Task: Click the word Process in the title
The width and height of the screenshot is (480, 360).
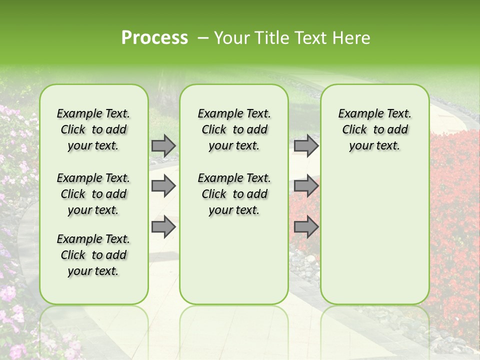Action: (x=154, y=38)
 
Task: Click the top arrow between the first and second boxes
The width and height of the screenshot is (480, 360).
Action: (x=163, y=145)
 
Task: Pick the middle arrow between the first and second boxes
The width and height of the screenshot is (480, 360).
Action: (x=163, y=186)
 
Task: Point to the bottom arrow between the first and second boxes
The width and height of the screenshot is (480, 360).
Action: (x=163, y=226)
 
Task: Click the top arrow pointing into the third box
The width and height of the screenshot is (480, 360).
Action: (x=306, y=145)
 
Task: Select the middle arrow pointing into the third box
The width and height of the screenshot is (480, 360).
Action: (x=306, y=186)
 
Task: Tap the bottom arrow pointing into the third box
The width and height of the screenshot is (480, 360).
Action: (x=306, y=226)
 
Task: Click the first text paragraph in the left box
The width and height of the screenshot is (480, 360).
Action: (x=93, y=129)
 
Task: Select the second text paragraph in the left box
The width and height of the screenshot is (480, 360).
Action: (x=93, y=194)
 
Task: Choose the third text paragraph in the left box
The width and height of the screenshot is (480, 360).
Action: (x=93, y=255)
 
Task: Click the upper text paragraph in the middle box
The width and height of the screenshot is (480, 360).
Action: (x=234, y=129)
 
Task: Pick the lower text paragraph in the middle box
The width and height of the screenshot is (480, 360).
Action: (x=234, y=194)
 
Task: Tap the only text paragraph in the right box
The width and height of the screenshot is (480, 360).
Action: (x=375, y=129)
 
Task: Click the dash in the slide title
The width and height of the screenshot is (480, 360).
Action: (x=203, y=38)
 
